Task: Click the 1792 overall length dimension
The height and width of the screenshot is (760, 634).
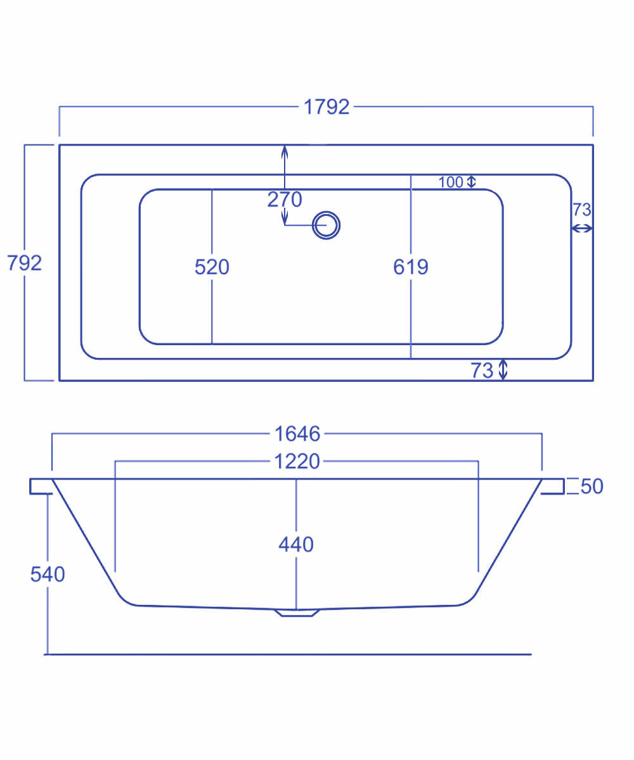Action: click(327, 107)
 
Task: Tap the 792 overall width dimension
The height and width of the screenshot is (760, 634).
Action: click(24, 262)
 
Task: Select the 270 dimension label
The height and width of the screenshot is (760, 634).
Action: click(285, 199)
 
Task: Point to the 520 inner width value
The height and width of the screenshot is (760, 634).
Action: click(212, 267)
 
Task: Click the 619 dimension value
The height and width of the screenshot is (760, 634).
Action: click(411, 267)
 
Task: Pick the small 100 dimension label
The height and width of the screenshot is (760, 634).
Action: click(451, 182)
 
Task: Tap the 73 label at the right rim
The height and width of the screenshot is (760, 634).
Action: click(582, 210)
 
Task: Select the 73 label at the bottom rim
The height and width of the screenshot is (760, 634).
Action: click(482, 370)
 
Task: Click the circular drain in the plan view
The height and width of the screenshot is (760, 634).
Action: click(327, 225)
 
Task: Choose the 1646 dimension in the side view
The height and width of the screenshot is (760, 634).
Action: click(297, 434)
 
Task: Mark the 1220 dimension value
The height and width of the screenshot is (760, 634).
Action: click(297, 462)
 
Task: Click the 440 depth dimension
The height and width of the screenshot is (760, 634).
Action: click(296, 544)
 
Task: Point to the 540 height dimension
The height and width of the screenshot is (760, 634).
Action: click(48, 574)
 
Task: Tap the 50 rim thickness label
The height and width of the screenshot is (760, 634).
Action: click(592, 486)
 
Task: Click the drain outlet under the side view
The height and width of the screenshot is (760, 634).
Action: click(296, 612)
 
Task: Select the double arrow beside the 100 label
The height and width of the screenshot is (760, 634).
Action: click(471, 182)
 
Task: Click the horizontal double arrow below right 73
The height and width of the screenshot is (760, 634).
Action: click(582, 229)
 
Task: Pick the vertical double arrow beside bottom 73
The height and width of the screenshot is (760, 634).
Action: click(503, 369)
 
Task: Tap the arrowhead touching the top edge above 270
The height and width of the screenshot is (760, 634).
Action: click(285, 150)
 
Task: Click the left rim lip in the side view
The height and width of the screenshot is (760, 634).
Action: click(40, 486)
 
